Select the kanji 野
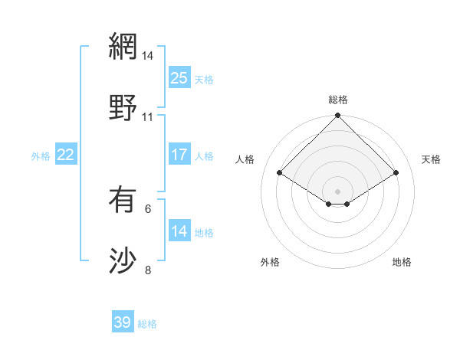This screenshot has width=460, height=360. click(123, 108)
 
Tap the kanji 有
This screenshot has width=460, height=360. click(123, 200)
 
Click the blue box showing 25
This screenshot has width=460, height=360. click(179, 78)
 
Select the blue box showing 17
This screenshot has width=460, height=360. click(179, 155)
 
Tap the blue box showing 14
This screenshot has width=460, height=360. click(179, 231)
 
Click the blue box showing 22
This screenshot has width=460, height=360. click(66, 155)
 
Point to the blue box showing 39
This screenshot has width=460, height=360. click(123, 322)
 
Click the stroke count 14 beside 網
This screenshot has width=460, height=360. click(148, 56)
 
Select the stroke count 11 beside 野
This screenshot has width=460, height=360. click(148, 117)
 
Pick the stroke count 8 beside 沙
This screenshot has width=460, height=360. click(148, 270)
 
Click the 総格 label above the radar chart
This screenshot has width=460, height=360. click(338, 100)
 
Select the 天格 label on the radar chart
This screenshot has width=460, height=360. click(432, 159)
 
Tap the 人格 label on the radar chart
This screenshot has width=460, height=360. click(245, 159)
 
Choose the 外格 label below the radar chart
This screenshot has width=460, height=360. click(270, 262)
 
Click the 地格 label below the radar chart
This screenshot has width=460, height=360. click(402, 262)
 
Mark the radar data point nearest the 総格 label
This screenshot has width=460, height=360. click(338, 116)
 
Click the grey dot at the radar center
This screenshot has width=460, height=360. click(338, 191)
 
